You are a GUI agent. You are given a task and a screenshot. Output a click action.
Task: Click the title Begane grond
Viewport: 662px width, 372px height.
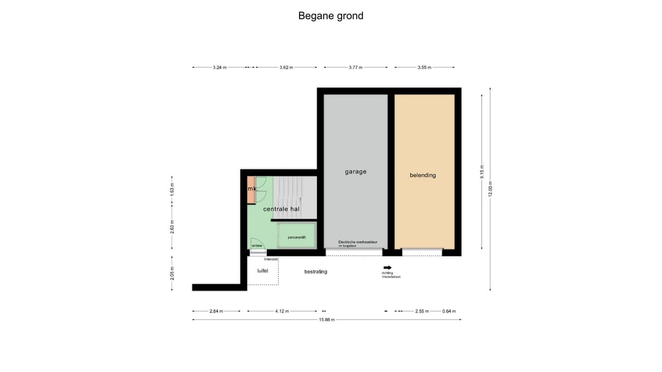(330, 16)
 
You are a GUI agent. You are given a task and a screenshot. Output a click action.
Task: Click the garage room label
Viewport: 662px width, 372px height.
(356, 172)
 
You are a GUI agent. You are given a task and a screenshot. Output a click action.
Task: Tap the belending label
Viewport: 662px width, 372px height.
(423, 175)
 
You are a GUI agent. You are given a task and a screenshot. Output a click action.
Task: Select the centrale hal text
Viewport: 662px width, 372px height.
(281, 209)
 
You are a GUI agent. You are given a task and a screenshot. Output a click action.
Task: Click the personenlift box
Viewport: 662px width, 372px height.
(297, 237)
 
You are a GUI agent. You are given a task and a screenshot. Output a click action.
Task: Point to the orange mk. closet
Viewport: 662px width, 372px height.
(251, 189)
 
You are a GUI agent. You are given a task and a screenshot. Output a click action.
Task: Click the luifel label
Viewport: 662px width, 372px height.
(263, 271)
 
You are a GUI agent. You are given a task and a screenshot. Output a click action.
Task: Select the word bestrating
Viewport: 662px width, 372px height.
(316, 271)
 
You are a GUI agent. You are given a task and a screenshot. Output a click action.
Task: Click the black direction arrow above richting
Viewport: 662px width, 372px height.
(387, 268)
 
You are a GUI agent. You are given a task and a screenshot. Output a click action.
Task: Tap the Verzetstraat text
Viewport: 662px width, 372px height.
(391, 277)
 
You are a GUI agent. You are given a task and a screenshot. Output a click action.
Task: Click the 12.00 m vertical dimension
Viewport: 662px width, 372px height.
(490, 188)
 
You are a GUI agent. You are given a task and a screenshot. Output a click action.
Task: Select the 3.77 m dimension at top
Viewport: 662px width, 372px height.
(356, 67)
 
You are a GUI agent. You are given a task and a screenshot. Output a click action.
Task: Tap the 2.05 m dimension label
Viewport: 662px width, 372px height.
(172, 273)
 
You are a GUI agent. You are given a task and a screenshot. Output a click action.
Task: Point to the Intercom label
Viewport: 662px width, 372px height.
(271, 259)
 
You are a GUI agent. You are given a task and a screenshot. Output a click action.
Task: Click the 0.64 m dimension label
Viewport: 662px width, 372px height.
(449, 311)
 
